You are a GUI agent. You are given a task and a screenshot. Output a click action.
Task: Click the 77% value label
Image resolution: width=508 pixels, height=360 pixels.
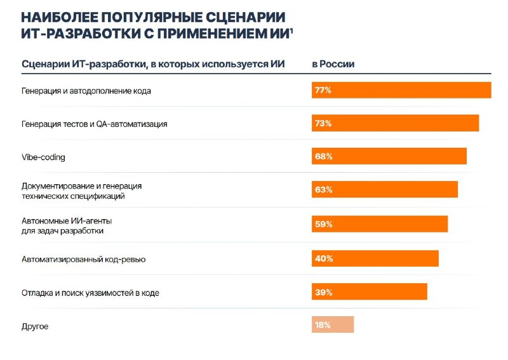pyautogui.click(x=323, y=90)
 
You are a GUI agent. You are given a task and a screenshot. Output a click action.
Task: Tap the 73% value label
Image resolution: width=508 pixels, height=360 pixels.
pyautogui.click(x=323, y=123)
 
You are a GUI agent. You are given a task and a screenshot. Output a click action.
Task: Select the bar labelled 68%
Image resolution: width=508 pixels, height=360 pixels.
pyautogui.click(x=389, y=156)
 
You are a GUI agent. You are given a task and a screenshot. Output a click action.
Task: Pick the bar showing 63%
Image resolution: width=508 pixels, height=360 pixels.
pyautogui.click(x=385, y=189)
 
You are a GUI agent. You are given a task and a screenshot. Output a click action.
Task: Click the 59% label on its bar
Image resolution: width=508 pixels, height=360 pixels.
pyautogui.click(x=324, y=224)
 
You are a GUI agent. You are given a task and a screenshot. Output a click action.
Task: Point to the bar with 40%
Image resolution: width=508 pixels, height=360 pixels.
pyautogui.click(x=375, y=258)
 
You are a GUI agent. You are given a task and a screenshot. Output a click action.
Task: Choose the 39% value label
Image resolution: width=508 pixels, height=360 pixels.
pyautogui.click(x=324, y=292)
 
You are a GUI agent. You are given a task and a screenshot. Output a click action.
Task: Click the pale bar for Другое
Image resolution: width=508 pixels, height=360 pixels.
pyautogui.click(x=333, y=324)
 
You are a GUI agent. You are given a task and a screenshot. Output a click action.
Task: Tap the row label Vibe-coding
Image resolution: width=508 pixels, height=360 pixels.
pyautogui.click(x=43, y=157)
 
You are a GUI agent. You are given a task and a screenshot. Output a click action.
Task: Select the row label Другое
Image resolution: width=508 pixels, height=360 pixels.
pyautogui.click(x=35, y=326)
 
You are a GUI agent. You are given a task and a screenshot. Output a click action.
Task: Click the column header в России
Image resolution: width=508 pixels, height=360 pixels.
pyautogui.click(x=333, y=64)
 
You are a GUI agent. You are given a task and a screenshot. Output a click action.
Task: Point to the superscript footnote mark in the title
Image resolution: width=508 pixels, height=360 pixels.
pyautogui.click(x=291, y=30)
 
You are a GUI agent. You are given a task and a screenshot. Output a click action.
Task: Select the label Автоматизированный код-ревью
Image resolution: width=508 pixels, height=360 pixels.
pyautogui.click(x=84, y=259)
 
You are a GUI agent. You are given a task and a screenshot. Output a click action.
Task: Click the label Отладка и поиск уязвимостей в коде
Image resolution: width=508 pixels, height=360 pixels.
pyautogui.click(x=90, y=293)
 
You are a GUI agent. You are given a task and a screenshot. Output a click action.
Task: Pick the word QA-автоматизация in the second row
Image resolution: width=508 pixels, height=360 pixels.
pyautogui.click(x=132, y=124)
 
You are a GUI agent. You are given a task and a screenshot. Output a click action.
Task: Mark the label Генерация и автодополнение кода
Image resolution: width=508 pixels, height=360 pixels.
pyautogui.click(x=86, y=91)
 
